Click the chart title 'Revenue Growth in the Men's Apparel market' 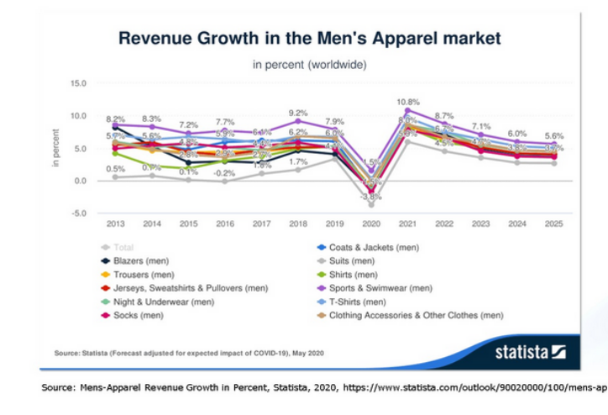(309, 38)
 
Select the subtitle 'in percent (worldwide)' (309, 64)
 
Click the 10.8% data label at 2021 (407, 102)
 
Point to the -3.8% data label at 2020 (370, 197)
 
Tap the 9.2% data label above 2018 (298, 112)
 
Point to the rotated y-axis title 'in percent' (56, 147)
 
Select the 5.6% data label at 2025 (553, 136)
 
